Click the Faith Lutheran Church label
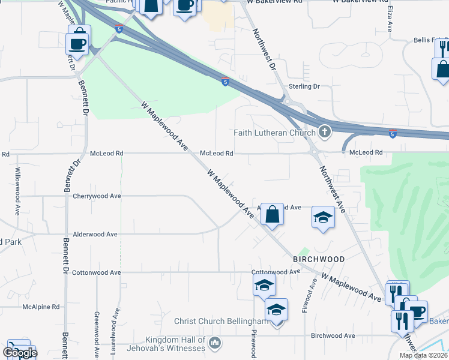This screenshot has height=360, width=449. pos(274,133)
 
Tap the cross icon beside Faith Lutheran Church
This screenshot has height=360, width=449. pos(324,131)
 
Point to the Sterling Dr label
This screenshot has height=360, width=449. pos(304,86)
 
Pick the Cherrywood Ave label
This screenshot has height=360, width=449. pos(97,196)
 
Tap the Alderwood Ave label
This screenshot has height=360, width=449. pos(95,235)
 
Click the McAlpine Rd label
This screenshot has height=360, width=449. pos(41,307)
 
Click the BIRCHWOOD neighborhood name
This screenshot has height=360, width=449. pos(319,259)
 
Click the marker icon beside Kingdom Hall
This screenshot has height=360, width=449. pos(216,343)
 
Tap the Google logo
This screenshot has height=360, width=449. pos(20,353)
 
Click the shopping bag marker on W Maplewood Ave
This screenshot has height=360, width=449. pos(272,214)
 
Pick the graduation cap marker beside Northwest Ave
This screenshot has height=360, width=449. pos(323,217)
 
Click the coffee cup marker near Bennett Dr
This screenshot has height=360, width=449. pos(79,40)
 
